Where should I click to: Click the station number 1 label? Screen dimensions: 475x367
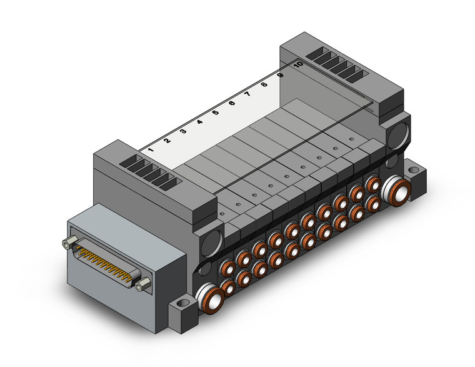151,149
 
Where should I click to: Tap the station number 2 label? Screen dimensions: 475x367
167,141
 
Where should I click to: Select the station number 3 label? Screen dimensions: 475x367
183,131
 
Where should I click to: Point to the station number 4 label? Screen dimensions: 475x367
199,122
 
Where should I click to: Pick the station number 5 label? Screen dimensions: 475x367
216,113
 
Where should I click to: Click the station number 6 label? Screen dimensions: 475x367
232,103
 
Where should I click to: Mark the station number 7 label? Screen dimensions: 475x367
247,94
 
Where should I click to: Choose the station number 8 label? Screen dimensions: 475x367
264,84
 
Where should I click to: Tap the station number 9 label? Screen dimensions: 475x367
281,75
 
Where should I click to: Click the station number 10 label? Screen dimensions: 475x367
298,64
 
